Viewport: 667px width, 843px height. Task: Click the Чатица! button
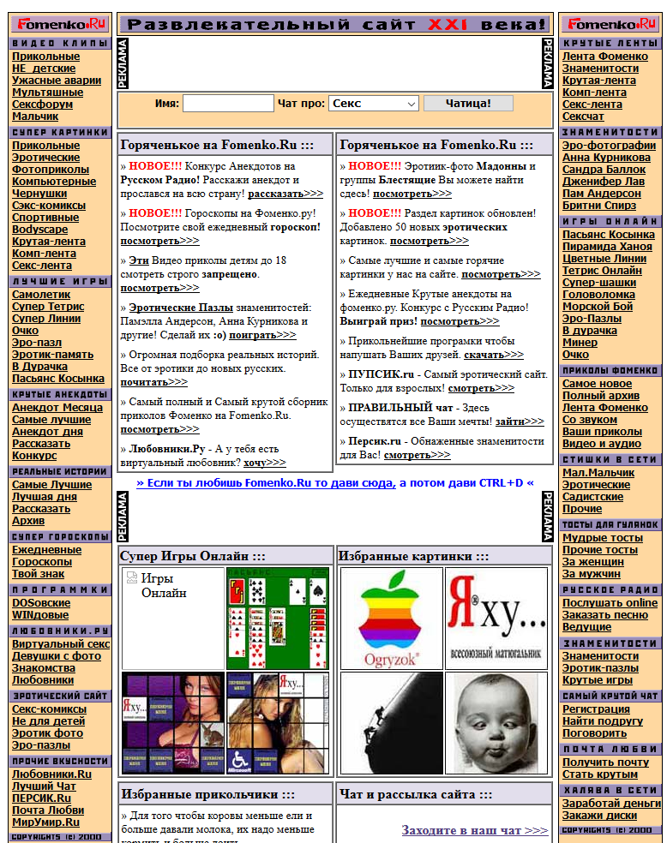[x=467, y=104]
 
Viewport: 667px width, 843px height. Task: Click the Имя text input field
[x=227, y=104]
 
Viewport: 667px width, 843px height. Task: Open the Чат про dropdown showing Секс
[x=373, y=104]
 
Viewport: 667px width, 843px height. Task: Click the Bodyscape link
[x=39, y=230]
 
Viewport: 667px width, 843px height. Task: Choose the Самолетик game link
[x=41, y=295]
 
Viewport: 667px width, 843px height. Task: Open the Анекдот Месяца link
[x=57, y=408]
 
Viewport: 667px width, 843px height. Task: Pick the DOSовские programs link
[x=41, y=603]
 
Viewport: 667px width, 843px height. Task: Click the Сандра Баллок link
[x=604, y=170]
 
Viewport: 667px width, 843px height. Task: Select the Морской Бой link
[x=598, y=307]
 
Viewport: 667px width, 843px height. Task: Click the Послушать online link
[x=610, y=603]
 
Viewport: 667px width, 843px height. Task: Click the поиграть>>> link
[x=262, y=335]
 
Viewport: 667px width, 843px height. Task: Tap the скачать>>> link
[x=493, y=355]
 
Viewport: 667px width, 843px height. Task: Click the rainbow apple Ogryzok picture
[x=391, y=618]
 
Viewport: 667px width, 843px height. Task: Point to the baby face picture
[x=496, y=722]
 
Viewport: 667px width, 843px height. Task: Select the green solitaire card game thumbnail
[x=277, y=618]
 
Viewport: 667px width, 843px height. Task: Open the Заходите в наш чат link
[x=474, y=830]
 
